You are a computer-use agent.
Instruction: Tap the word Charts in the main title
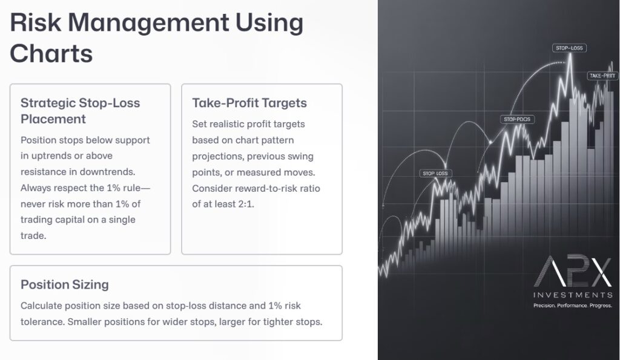[x=51, y=54]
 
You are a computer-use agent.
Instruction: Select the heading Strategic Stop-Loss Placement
[x=80, y=111]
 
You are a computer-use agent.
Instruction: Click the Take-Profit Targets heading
[x=249, y=103]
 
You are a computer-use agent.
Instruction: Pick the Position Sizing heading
[x=65, y=284]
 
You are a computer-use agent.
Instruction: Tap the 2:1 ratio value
[x=244, y=205]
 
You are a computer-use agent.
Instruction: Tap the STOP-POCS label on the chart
[x=516, y=119]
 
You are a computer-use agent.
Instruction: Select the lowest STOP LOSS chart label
[x=436, y=174]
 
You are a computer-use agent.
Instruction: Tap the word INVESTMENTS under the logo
[x=572, y=295]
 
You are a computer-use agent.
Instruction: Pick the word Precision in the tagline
[x=544, y=306]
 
